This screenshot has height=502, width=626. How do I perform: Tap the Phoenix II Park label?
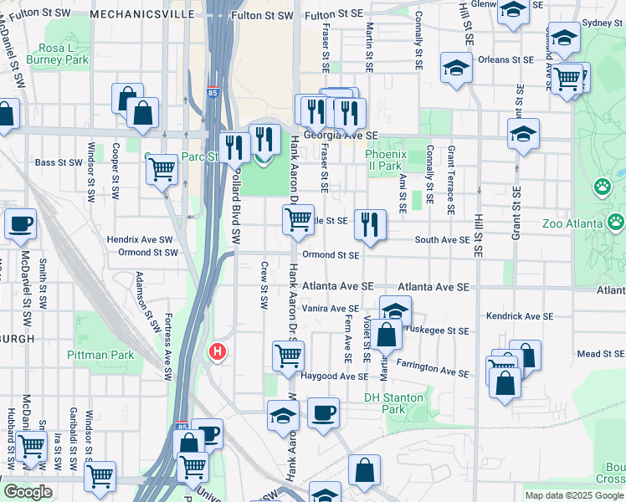click(x=385, y=160)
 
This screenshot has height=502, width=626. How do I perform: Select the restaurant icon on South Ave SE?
click(x=369, y=223)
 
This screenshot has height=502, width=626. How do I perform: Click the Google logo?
click(x=27, y=492)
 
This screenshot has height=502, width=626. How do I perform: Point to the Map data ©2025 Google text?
click(x=574, y=495)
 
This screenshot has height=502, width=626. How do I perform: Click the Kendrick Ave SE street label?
click(x=520, y=316)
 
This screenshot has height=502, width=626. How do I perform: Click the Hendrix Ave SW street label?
click(x=138, y=239)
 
